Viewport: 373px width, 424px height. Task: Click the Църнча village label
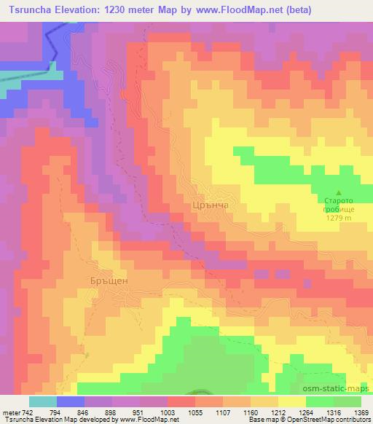[213, 206]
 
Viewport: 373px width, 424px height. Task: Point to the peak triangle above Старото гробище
[337, 192]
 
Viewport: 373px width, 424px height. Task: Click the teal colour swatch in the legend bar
[44, 401]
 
